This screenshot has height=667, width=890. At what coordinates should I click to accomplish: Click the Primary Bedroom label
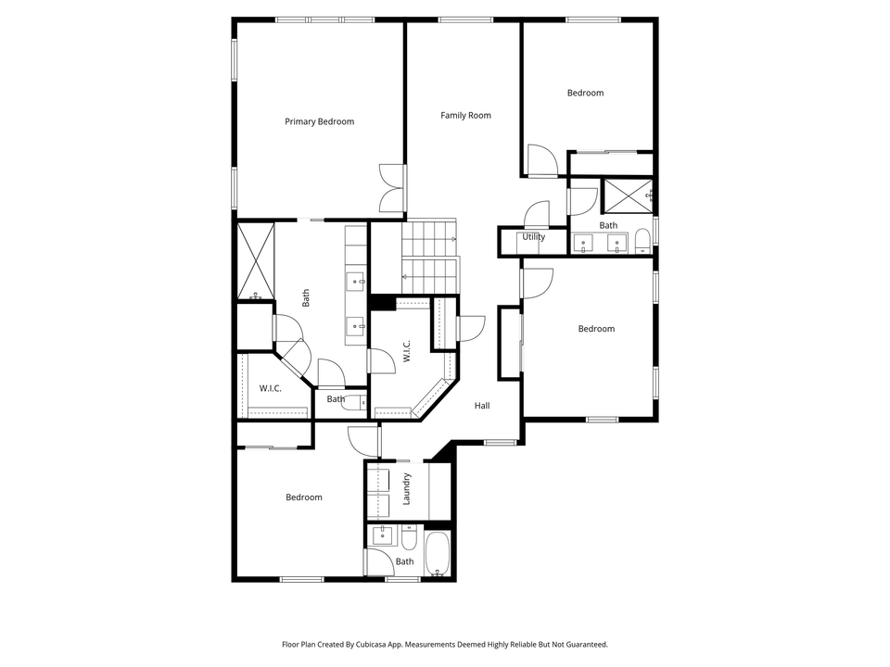point(319,121)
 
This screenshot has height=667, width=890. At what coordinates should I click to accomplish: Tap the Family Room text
point(465,116)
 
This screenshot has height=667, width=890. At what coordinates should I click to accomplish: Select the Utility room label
point(533,237)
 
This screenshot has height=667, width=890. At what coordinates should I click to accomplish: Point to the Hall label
point(482,406)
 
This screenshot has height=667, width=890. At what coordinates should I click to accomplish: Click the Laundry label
point(406,489)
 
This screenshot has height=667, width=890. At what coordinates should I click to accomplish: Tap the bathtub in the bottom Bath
point(437,553)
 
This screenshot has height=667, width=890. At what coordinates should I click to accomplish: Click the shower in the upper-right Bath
point(627,195)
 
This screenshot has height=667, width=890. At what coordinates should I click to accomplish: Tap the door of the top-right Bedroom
point(541,163)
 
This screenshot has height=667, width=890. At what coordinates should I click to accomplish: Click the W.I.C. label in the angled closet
point(406,350)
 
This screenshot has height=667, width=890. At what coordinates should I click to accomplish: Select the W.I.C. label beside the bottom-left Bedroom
point(270,388)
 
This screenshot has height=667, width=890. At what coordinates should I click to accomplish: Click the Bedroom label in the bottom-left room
point(303,497)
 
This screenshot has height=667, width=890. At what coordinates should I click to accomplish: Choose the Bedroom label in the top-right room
point(585,93)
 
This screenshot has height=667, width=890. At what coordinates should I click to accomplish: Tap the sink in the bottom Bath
point(381,535)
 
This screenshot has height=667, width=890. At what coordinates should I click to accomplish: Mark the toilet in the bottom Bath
point(409,536)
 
